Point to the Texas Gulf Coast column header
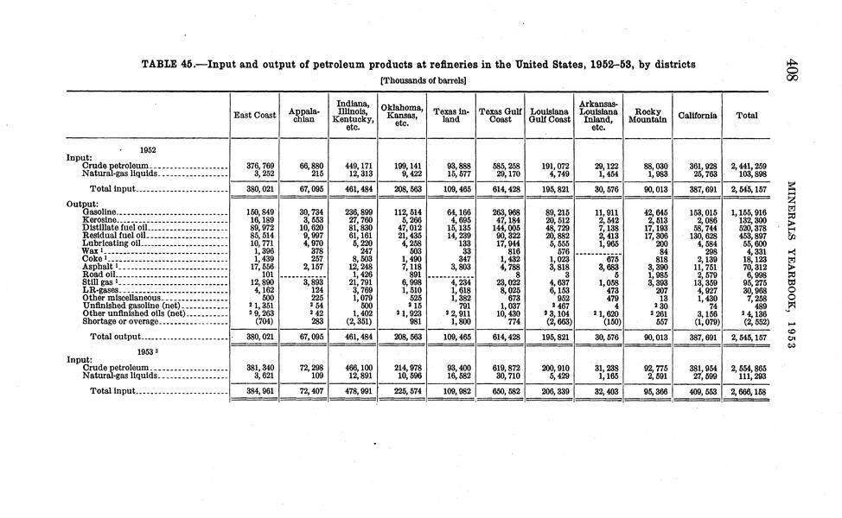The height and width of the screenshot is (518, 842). pos(500,116)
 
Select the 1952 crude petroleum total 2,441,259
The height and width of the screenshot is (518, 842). pos(745,165)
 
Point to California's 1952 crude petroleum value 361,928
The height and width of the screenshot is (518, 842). pos(698,165)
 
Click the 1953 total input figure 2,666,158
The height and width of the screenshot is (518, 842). pos(745,392)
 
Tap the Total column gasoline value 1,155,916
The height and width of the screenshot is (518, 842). pos(745,212)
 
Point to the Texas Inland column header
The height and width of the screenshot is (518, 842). pos(450,116)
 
